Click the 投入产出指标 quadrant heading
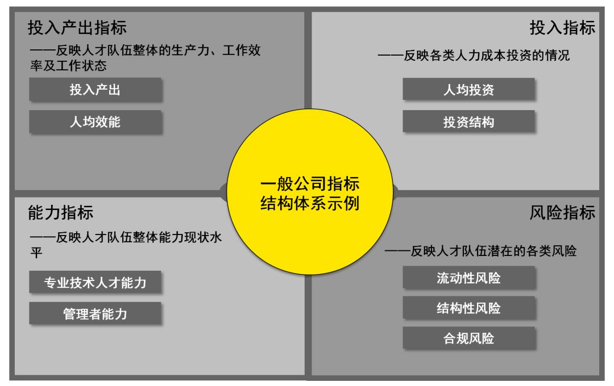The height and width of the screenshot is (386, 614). click(77, 27)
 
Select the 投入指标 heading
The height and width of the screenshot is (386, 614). click(562, 27)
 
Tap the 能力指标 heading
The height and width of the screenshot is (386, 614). click(61, 213)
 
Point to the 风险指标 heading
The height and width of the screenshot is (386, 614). click(562, 213)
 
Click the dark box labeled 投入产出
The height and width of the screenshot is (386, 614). click(96, 90)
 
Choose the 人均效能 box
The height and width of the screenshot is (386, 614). click(96, 121)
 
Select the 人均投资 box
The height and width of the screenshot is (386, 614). click(469, 90)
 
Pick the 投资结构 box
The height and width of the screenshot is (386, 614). click(469, 121)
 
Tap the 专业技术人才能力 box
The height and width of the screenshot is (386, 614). click(96, 282)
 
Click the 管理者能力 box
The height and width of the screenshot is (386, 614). click(96, 313)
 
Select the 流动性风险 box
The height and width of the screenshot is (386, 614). click(469, 278)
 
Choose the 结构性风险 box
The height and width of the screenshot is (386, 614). click(469, 308)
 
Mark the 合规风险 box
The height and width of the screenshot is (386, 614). click(469, 338)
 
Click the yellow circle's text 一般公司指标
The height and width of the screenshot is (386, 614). click(310, 184)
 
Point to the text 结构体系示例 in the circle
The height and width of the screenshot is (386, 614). click(310, 203)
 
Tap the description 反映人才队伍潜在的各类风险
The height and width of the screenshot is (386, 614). click(480, 251)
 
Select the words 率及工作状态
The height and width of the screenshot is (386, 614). click(68, 65)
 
